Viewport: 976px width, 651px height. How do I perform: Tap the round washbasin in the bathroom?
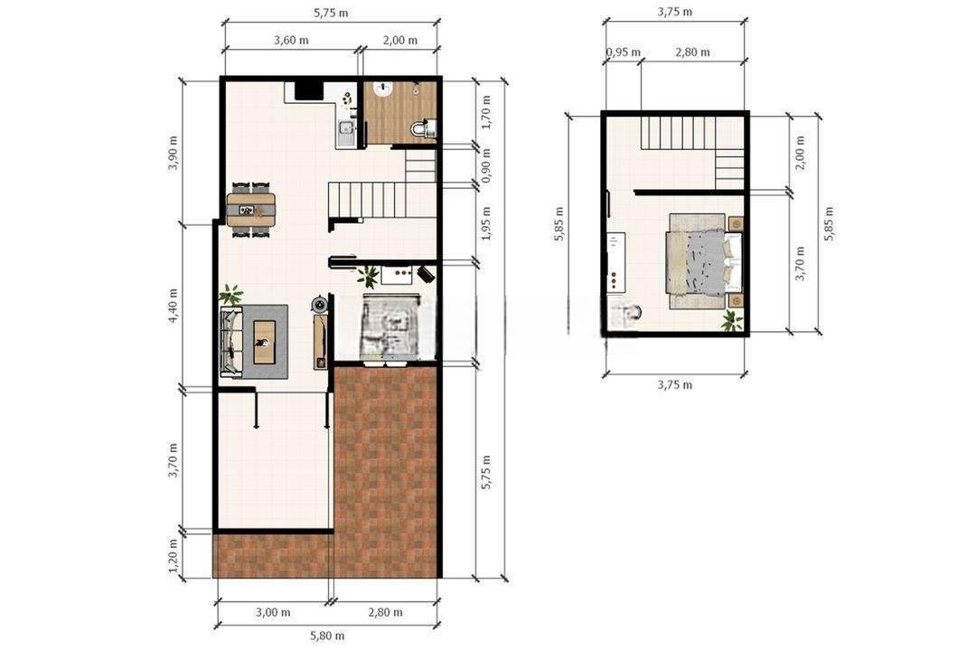(382, 90)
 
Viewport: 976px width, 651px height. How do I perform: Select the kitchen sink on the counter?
(345, 129)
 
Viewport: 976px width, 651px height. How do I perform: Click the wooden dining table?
(251, 210)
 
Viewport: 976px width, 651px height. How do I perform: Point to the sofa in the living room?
(231, 341)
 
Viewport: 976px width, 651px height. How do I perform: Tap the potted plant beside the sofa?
(231, 294)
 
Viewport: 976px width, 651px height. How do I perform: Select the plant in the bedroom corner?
(732, 320)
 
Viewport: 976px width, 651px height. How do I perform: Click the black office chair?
(426, 273)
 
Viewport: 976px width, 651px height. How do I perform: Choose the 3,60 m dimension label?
(291, 41)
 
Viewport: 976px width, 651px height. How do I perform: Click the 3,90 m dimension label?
(173, 153)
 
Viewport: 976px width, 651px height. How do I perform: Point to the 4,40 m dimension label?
(173, 306)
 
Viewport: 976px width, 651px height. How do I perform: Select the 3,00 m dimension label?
(273, 612)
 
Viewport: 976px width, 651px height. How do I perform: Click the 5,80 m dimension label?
(327, 636)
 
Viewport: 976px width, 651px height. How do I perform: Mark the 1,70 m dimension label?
(486, 112)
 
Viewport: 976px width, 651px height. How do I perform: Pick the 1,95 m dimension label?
(486, 223)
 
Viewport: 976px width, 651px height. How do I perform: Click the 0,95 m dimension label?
(623, 52)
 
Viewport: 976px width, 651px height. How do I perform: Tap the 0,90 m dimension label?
(486, 165)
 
